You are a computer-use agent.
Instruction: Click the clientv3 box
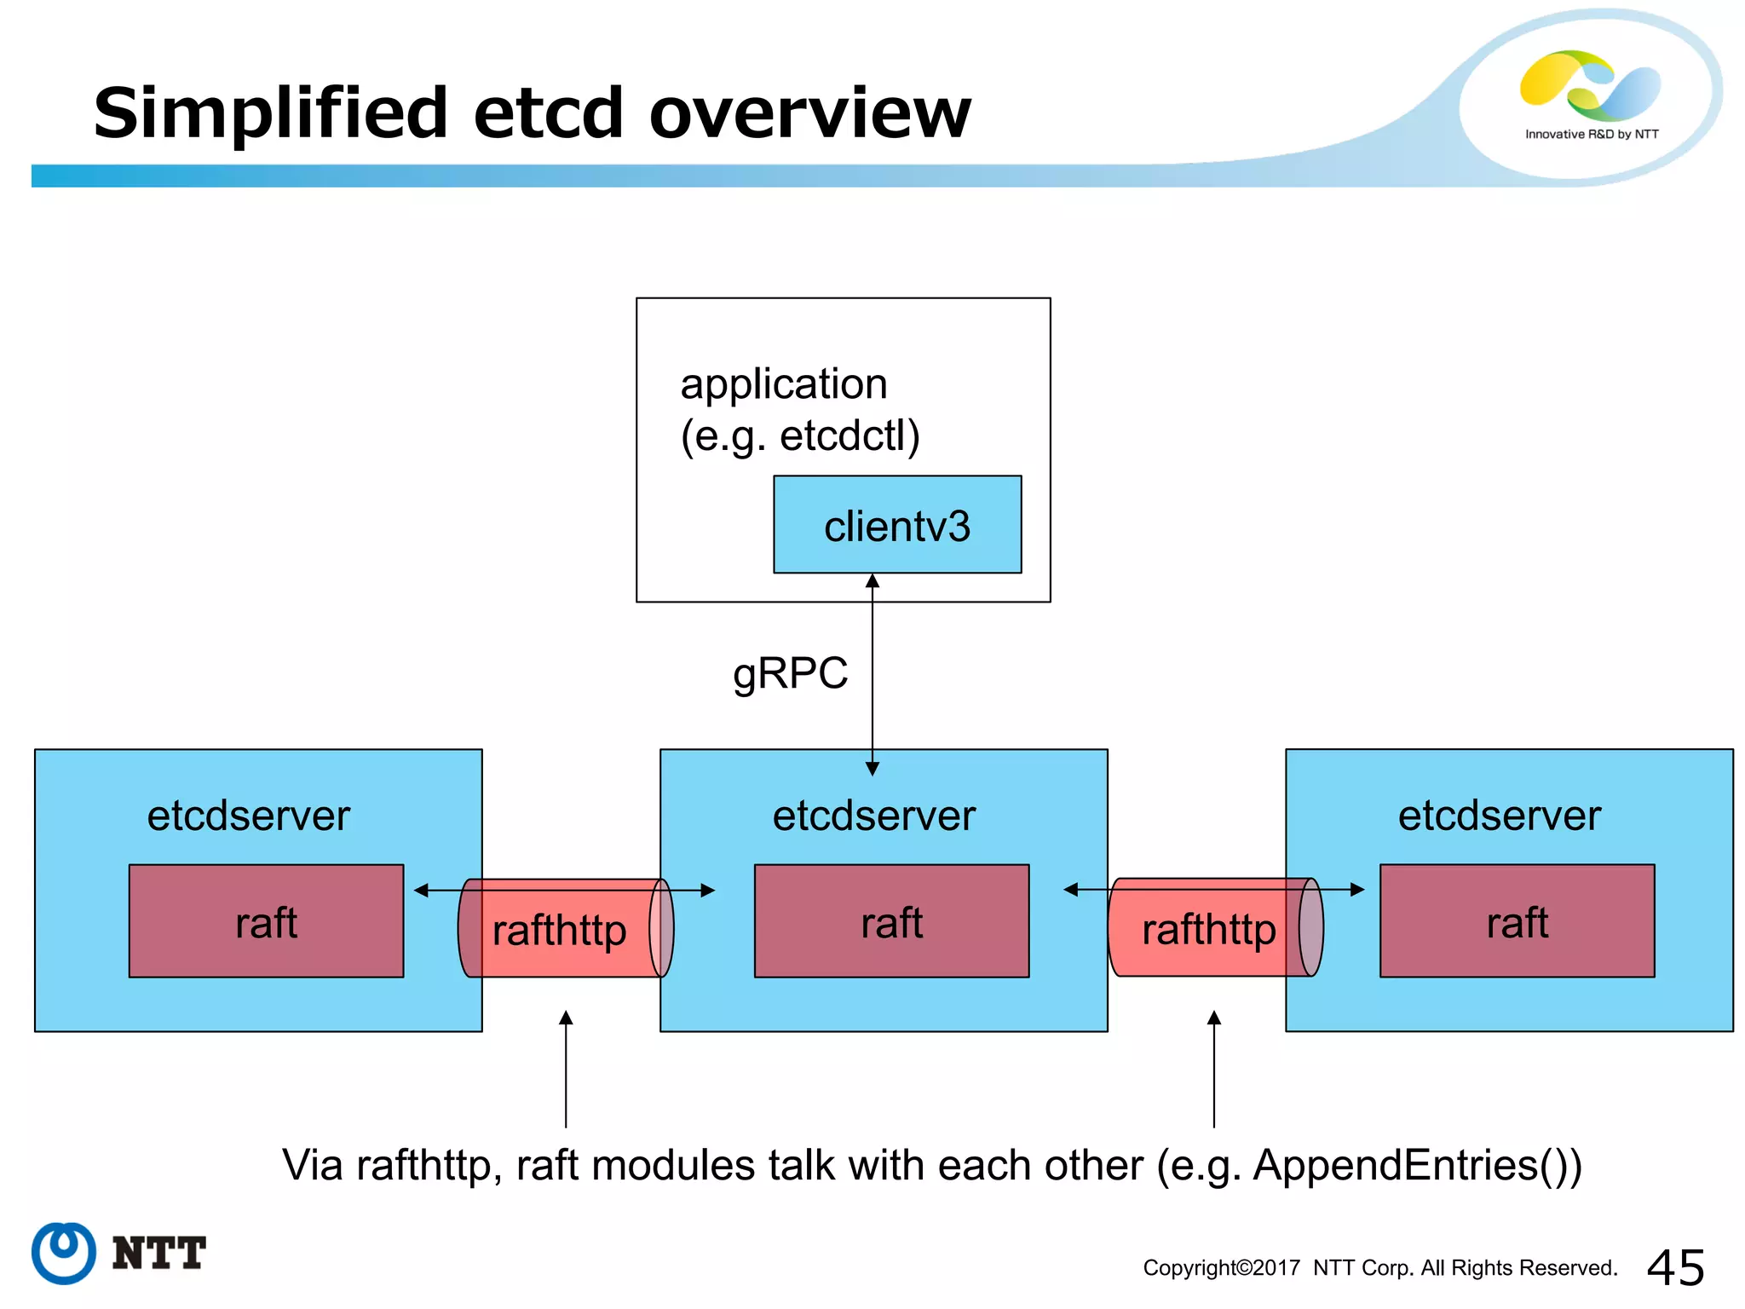pos(896,525)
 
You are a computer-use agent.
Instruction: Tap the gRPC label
pos(790,673)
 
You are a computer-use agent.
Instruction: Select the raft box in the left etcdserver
pos(266,921)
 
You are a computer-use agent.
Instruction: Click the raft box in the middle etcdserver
pos(891,921)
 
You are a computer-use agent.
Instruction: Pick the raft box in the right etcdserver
pos(1517,921)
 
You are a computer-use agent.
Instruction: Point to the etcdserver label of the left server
pos(248,816)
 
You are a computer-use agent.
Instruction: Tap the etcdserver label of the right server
pos(1499,816)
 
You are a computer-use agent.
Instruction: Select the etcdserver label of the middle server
pos(873,816)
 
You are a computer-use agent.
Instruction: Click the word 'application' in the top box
pos(783,383)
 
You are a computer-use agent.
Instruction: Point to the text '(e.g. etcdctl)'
pos(799,436)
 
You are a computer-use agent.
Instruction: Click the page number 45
pos(1675,1267)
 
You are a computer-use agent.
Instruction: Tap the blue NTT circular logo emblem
pos(64,1253)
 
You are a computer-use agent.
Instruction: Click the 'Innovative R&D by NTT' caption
pos(1591,135)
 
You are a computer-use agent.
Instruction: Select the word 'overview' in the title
pos(809,112)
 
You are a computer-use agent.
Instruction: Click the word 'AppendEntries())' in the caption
pos(1417,1165)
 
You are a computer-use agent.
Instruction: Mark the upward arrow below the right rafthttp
pos(1214,1070)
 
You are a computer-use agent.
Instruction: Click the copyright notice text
pos(1379,1268)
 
